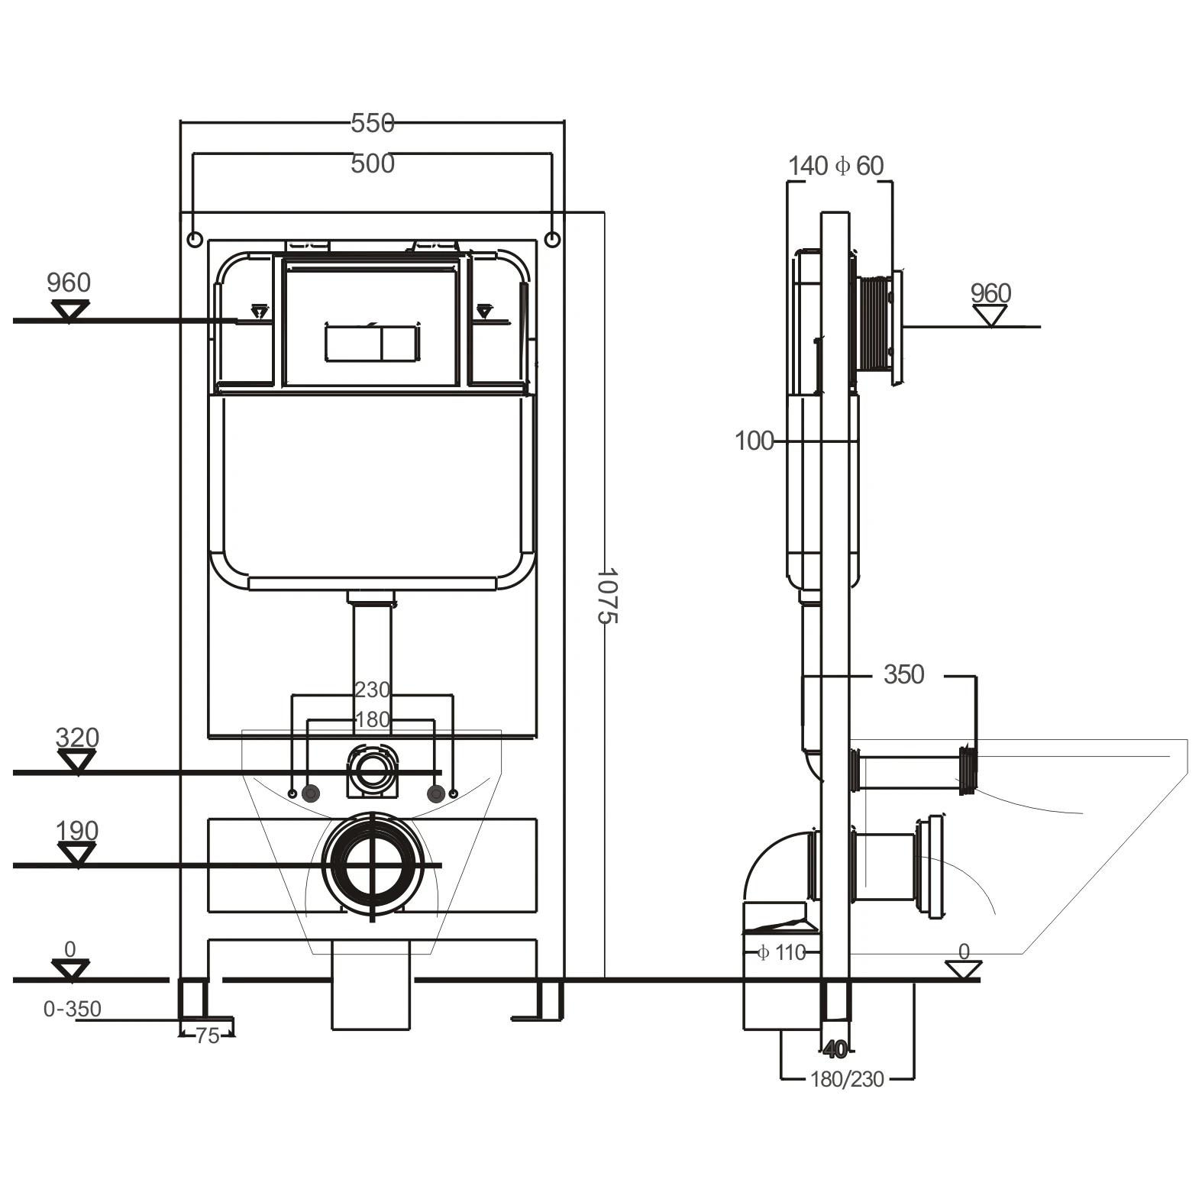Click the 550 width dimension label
tap(372, 123)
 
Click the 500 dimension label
tap(372, 163)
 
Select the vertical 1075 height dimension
tap(606, 595)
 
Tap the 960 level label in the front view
tap(68, 283)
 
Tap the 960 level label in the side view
tap(990, 293)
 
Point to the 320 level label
tap(77, 738)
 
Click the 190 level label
tap(77, 831)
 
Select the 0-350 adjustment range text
tap(72, 1010)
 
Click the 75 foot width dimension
tap(207, 1036)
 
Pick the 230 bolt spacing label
tap(372, 690)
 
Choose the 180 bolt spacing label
tap(372, 719)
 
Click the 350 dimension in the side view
tap(903, 674)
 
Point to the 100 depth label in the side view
tap(754, 441)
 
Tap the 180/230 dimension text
tap(847, 1079)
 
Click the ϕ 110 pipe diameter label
tap(781, 952)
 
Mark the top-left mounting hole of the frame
tap(194, 240)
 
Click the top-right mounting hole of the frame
tap(554, 240)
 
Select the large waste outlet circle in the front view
tap(372, 865)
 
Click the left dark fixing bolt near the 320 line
tap(311, 793)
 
